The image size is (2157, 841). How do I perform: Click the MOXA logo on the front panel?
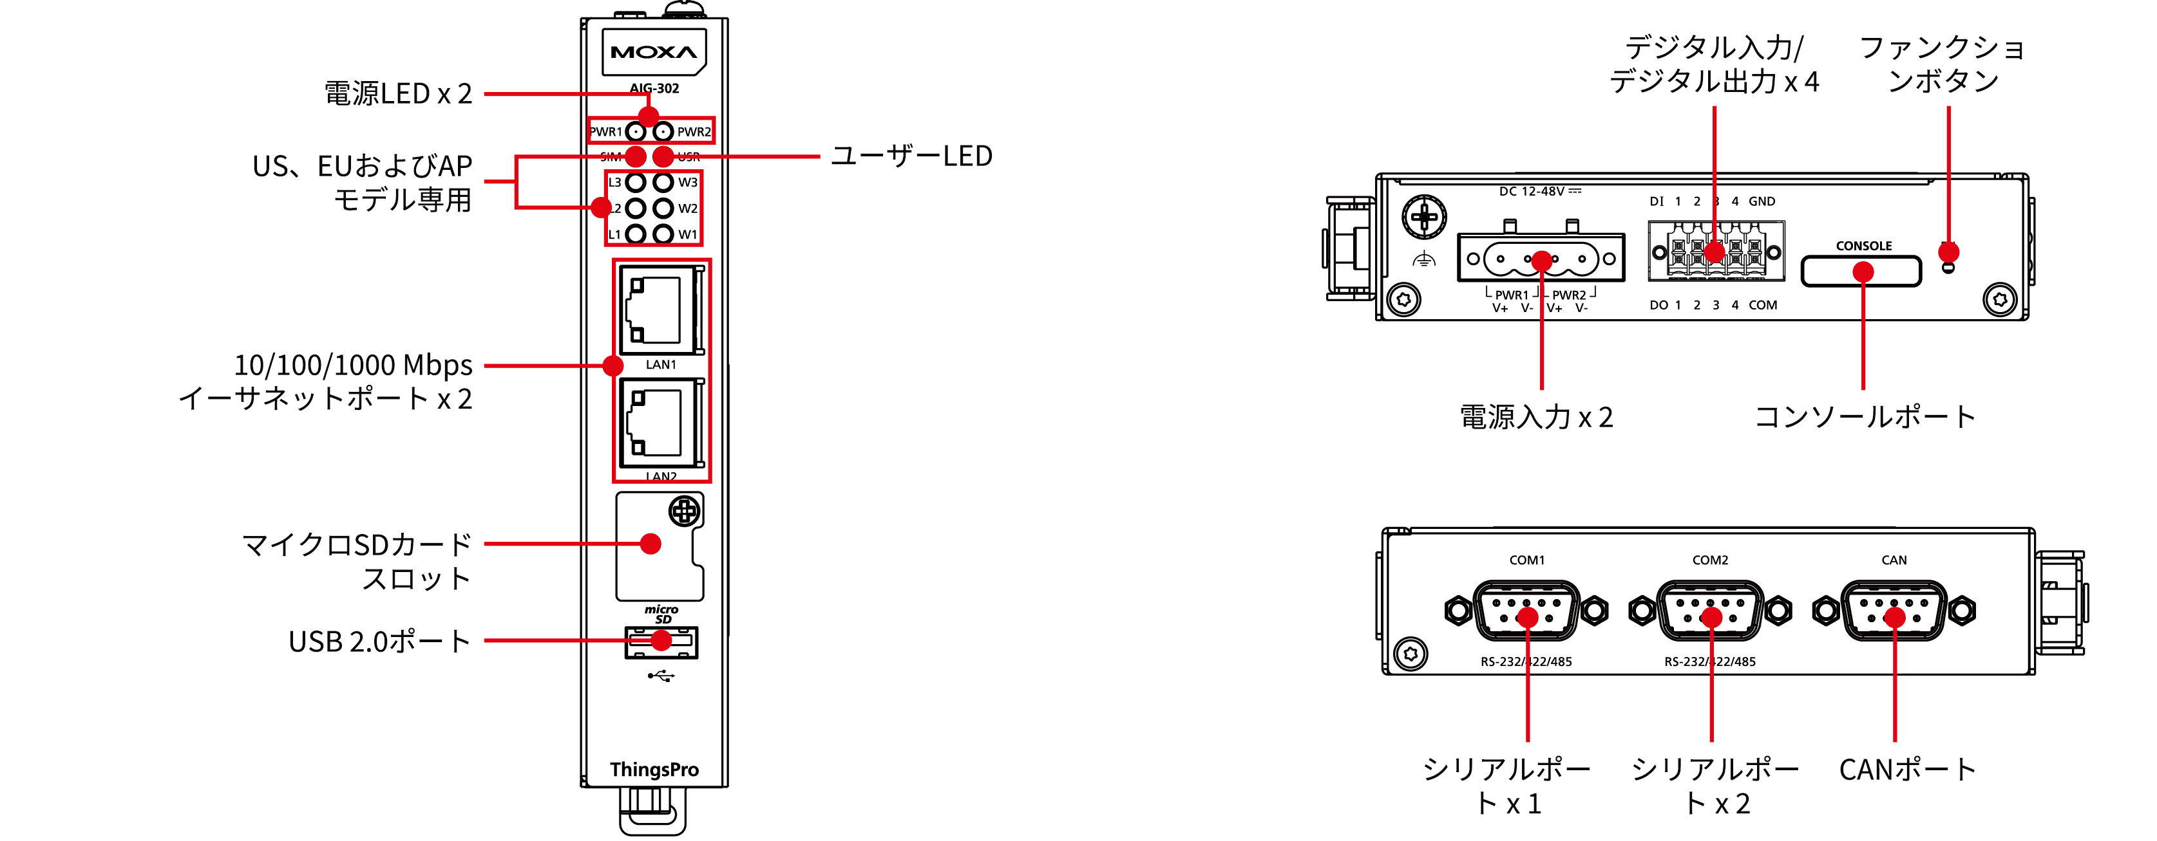coord(654,52)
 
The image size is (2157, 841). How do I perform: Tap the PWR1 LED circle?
coord(636,131)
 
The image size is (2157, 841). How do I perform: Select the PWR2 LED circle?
coord(663,131)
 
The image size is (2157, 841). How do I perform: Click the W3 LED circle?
coord(663,181)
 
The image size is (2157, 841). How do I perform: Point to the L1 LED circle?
coord(636,234)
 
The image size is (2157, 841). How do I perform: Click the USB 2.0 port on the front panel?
coord(661,642)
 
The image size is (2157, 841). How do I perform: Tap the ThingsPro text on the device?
coord(654,770)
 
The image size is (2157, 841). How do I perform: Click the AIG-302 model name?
coord(654,88)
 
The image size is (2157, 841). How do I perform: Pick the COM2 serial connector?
coord(1710,611)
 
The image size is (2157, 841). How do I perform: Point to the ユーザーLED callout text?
coord(911,156)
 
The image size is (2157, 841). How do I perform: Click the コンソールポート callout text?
coord(1865,416)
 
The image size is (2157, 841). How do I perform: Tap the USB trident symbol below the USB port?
coord(661,676)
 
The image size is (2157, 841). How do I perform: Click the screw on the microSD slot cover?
coord(684,510)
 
